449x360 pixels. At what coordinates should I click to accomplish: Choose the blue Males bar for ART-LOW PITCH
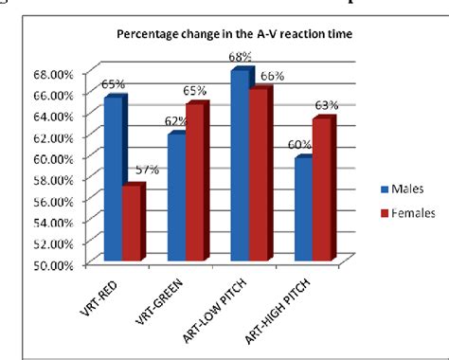click(241, 165)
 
